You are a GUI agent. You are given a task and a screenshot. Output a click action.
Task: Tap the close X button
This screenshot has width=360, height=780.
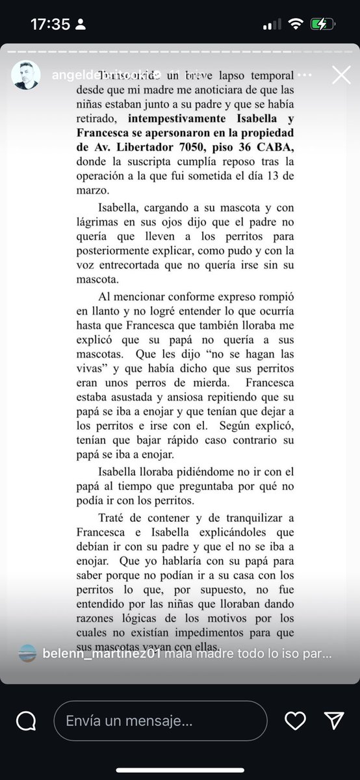point(341,76)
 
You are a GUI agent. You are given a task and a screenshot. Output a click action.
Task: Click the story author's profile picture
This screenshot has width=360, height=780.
point(27,76)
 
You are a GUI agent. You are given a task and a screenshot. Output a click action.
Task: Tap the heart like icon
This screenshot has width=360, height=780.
point(296,720)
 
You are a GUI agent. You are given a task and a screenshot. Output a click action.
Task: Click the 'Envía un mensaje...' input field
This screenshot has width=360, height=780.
point(160,720)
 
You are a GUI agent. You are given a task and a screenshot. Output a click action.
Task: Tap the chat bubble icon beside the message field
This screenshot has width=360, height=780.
point(26,720)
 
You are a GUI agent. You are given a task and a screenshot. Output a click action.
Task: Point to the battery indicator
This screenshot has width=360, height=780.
point(323,24)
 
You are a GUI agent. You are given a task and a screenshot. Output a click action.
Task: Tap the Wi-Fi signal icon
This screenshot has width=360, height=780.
point(296,24)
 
